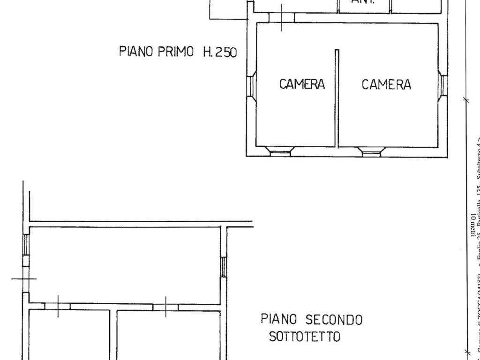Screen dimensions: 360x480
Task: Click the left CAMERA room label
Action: pyautogui.click(x=302, y=84)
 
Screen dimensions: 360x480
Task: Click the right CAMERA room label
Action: pyautogui.click(x=386, y=84)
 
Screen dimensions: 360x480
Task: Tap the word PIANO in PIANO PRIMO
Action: pyautogui.click(x=136, y=51)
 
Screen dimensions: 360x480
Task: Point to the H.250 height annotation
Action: pyautogui.click(x=220, y=51)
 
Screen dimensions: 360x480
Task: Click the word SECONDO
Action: pyautogui.click(x=334, y=320)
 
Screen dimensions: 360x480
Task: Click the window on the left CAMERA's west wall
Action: pyautogui.click(x=251, y=85)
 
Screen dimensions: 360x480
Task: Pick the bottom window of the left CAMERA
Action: pyautogui.click(x=281, y=151)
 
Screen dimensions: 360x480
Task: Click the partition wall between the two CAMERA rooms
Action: pyautogui.click(x=337, y=97)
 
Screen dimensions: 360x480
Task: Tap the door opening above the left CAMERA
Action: pyautogui.click(x=282, y=17)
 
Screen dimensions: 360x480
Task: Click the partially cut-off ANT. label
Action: pyautogui.click(x=363, y=2)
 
